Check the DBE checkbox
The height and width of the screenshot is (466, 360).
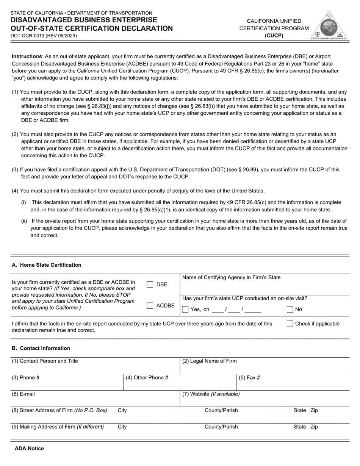point(150,285)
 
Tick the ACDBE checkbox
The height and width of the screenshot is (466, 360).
point(150,306)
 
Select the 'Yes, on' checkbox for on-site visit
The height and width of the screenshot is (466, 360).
point(185,309)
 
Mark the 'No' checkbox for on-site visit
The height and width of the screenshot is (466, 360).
point(290,309)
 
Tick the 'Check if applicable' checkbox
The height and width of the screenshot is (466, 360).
point(290,324)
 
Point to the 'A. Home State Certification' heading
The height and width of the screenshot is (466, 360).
point(47,265)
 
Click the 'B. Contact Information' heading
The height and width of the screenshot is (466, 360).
point(41,348)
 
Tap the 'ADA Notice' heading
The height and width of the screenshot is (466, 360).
point(29,448)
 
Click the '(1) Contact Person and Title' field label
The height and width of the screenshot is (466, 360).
point(45,361)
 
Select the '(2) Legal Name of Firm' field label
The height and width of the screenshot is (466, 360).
point(210,361)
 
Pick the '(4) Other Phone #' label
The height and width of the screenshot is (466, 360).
point(147,378)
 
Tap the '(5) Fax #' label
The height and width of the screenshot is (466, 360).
point(249,378)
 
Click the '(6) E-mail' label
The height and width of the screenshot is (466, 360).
point(23,394)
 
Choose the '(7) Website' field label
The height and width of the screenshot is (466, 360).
point(211,394)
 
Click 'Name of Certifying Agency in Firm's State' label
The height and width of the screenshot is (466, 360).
point(231,277)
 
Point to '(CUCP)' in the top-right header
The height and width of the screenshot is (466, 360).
point(274,36)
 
